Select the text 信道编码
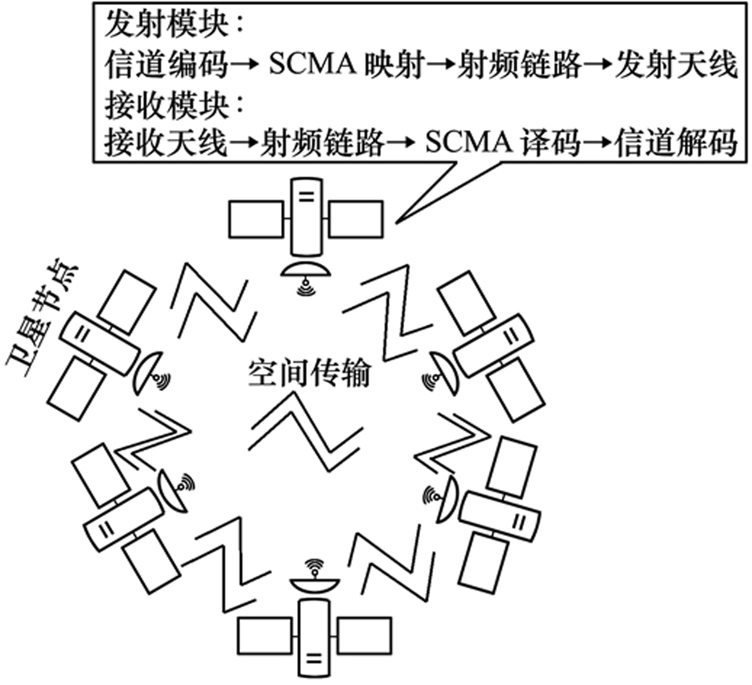click(x=165, y=66)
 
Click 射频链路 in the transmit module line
click(x=520, y=66)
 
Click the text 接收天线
click(x=165, y=144)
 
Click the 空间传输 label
click(x=307, y=374)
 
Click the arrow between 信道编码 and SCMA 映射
click(x=246, y=66)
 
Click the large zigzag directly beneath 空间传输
click(x=306, y=432)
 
